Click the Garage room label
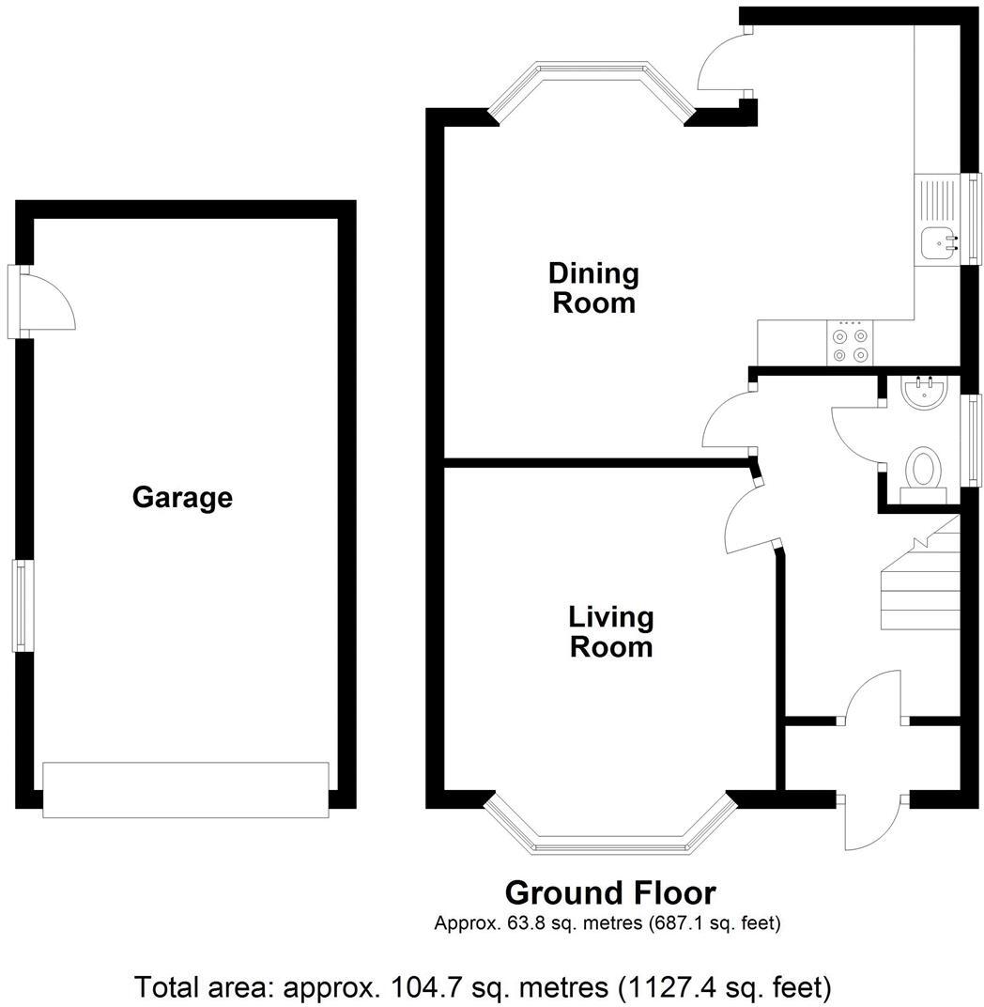[x=182, y=497]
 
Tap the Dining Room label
[x=593, y=288]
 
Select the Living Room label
[x=610, y=632]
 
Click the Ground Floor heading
[x=610, y=892]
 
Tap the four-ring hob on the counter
[x=851, y=344]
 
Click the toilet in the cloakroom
[x=924, y=471]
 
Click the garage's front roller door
[x=185, y=790]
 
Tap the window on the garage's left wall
[x=20, y=606]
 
